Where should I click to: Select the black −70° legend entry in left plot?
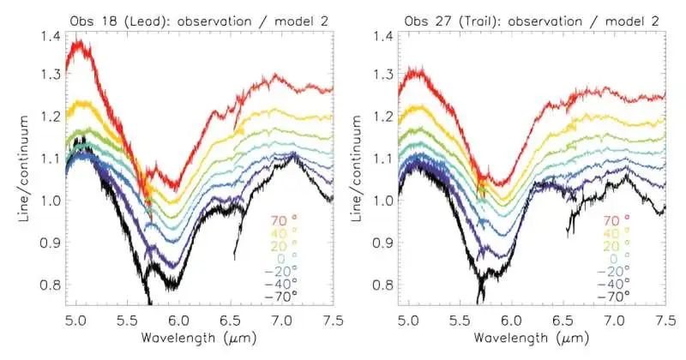coord(280,296)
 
